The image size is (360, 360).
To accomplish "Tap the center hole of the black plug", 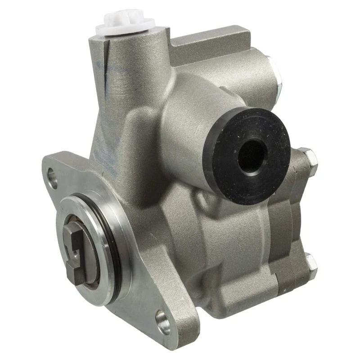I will [252, 156].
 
